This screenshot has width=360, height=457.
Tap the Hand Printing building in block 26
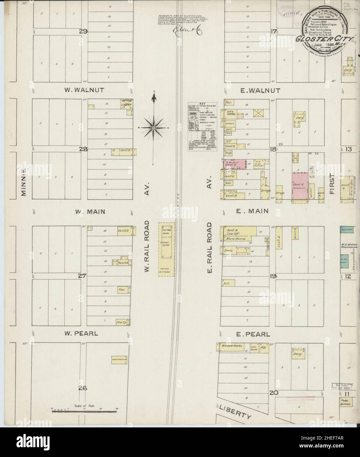(119, 359)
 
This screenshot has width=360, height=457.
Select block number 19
(273, 276)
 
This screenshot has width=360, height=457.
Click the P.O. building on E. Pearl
(264, 348)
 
